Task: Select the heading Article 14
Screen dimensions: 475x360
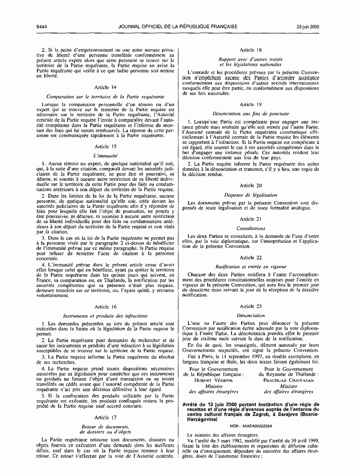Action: pyautogui.click(x=105, y=88)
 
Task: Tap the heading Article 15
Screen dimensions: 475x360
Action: pyautogui.click(x=105, y=146)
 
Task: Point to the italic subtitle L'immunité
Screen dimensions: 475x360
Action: pyautogui.click(x=105, y=156)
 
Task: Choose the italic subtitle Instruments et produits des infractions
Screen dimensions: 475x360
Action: pyautogui.click(x=105, y=316)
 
